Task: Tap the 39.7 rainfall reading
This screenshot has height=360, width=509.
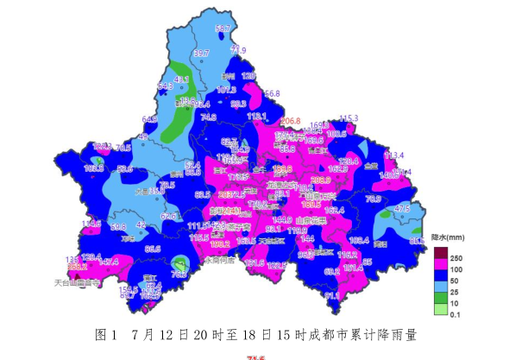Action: [x=201, y=54]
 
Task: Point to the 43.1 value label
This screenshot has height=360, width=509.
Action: [x=181, y=79]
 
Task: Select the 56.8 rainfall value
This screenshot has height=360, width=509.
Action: [x=272, y=93]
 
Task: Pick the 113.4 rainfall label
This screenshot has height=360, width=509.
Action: [x=393, y=155]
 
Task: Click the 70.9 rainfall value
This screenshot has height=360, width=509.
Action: [x=374, y=199]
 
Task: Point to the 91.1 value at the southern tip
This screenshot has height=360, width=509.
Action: [x=332, y=295]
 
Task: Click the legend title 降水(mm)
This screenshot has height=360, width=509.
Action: [x=448, y=235]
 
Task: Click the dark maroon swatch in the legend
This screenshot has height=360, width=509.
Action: [x=440, y=252]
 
